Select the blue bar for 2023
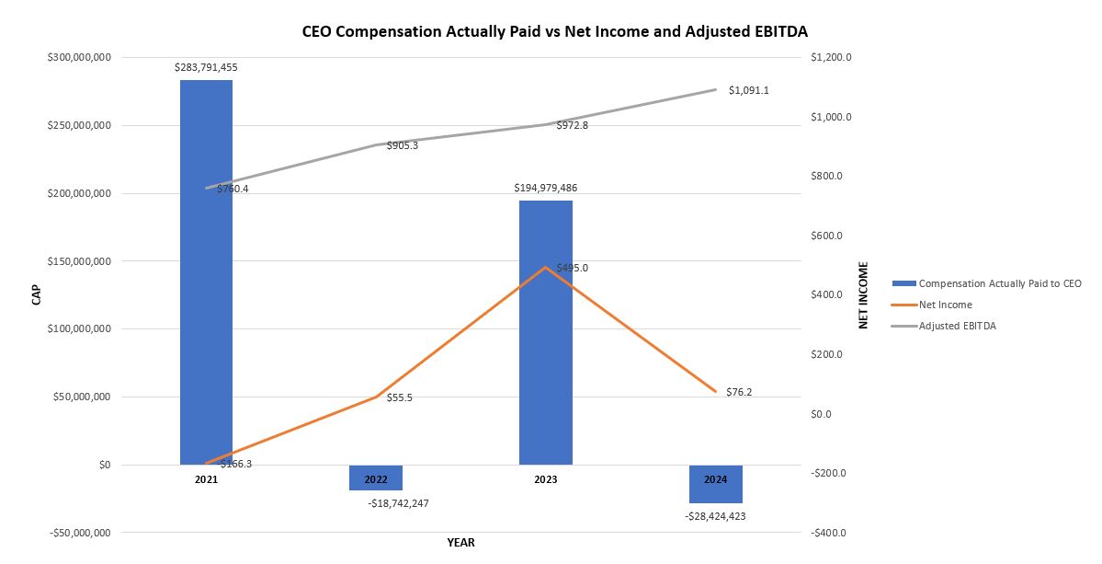pyautogui.click(x=545, y=332)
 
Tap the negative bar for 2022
pyautogui.click(x=375, y=478)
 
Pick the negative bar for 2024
pyautogui.click(x=715, y=484)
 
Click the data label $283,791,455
pyautogui.click(x=206, y=67)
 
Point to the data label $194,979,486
pyautogui.click(x=545, y=188)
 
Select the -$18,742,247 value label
pyautogui.click(x=398, y=503)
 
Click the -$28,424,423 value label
pyautogui.click(x=715, y=516)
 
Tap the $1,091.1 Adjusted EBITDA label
pyautogui.click(x=748, y=90)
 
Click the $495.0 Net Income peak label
pyautogui.click(x=572, y=268)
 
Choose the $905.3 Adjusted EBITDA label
pyautogui.click(x=403, y=145)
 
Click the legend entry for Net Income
pyautogui.click(x=945, y=305)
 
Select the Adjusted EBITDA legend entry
pyautogui.click(x=957, y=326)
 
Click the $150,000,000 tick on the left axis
pyautogui.click(x=79, y=261)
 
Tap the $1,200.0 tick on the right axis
pyautogui.click(x=832, y=57)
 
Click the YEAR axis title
pyautogui.click(x=460, y=543)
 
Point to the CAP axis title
pyautogui.click(x=36, y=294)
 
